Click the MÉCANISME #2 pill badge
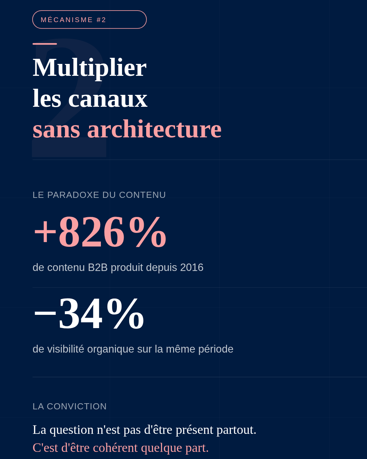click(x=89, y=20)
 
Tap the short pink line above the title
click(x=45, y=44)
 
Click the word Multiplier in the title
click(x=89, y=68)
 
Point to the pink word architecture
click(x=154, y=129)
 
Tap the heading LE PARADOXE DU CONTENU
click(x=99, y=195)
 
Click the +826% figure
click(x=100, y=232)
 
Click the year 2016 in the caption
click(x=192, y=268)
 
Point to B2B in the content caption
click(x=98, y=268)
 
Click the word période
click(x=216, y=349)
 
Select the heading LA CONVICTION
click(x=69, y=406)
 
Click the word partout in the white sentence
click(x=236, y=430)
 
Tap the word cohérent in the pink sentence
click(x=115, y=448)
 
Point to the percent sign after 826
click(x=147, y=232)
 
